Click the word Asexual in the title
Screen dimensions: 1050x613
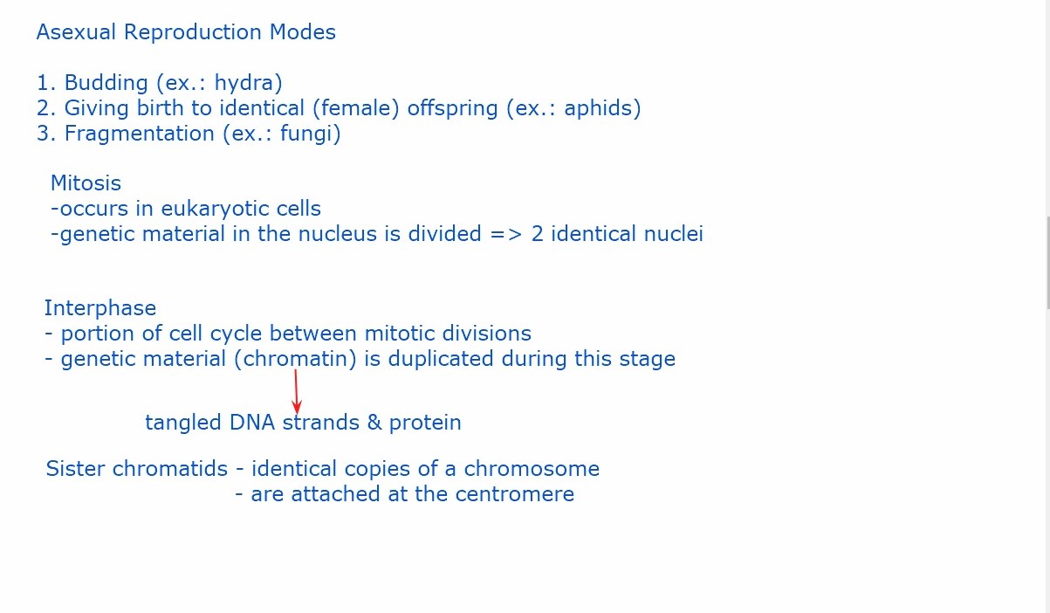pyautogui.click(x=76, y=32)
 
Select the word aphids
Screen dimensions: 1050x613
pyautogui.click(x=598, y=108)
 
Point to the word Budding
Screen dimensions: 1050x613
pyautogui.click(x=106, y=83)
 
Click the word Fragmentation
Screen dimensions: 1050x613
pyautogui.click(x=140, y=134)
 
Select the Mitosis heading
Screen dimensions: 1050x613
pyautogui.click(x=86, y=183)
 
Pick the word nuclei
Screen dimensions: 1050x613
pyautogui.click(x=674, y=233)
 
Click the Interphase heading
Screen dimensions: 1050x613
pyautogui.click(x=100, y=308)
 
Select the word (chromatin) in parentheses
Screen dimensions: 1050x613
pyautogui.click(x=295, y=359)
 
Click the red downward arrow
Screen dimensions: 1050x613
pyautogui.click(x=296, y=391)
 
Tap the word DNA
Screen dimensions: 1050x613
pyautogui.click(x=251, y=423)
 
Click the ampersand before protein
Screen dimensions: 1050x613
pyautogui.click(x=374, y=423)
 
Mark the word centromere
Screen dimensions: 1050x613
pyautogui.click(x=515, y=494)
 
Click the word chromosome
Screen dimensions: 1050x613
pyautogui.click(x=532, y=469)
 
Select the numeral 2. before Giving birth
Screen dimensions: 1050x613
pyautogui.click(x=46, y=108)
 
